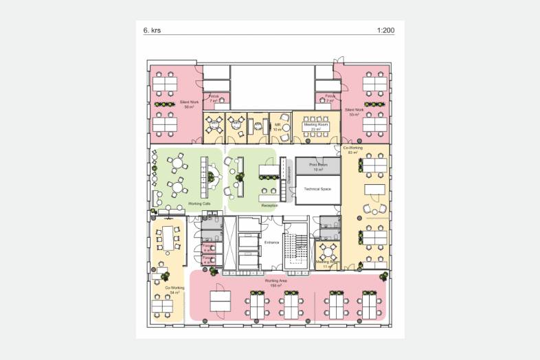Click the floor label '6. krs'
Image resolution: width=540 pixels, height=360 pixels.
point(151,31)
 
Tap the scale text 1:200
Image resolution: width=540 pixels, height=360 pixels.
point(385,31)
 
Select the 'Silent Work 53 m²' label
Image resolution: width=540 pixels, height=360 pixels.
point(355,112)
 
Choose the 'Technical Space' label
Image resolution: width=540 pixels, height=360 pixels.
point(317,188)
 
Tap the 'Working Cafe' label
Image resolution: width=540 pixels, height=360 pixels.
point(199,205)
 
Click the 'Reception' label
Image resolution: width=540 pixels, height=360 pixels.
point(269,205)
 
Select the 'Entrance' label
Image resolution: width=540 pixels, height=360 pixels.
point(272,243)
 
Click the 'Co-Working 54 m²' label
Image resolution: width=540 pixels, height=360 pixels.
point(175,290)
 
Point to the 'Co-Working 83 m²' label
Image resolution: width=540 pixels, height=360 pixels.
point(352,150)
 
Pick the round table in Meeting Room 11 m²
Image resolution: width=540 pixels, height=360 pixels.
point(327,250)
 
